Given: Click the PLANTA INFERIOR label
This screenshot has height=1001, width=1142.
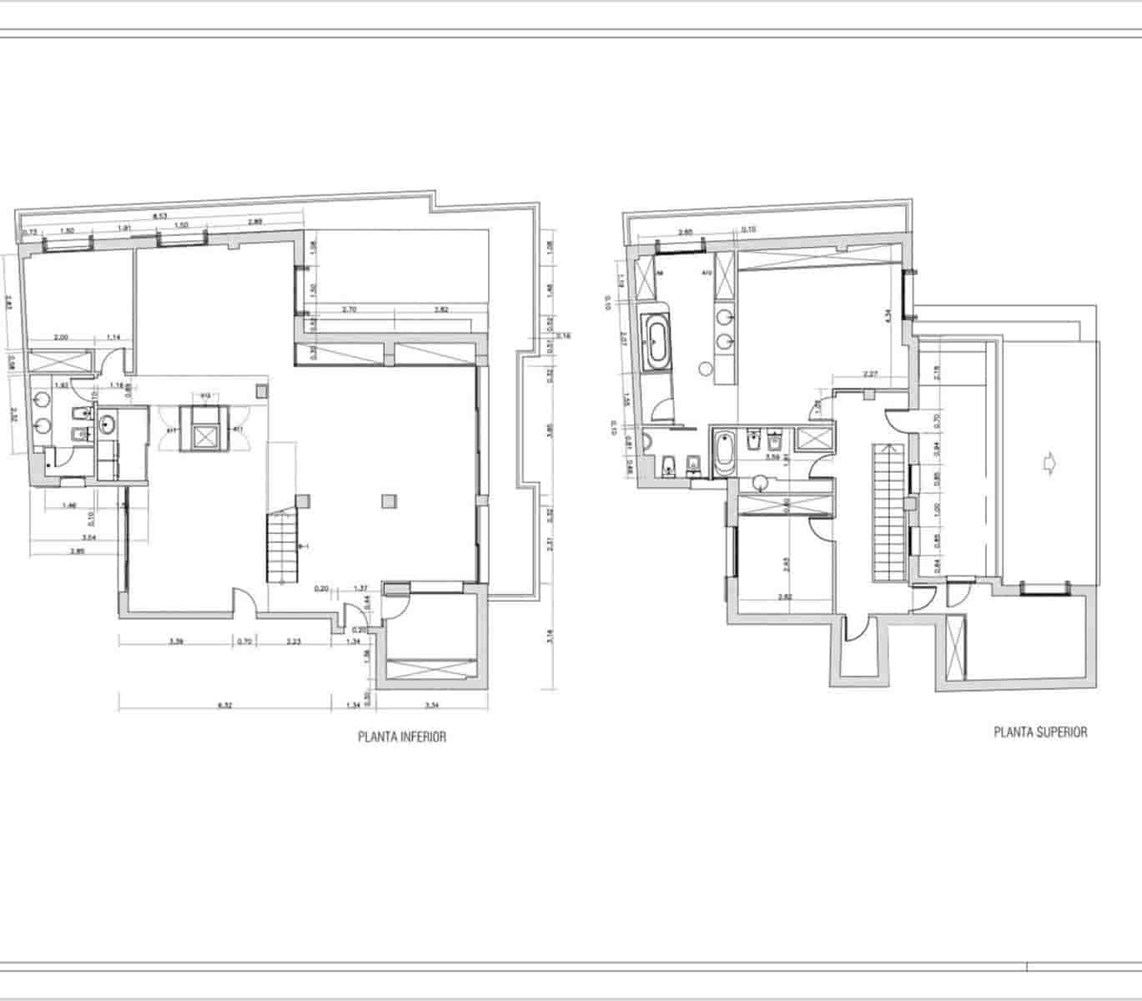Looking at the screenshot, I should [401, 737].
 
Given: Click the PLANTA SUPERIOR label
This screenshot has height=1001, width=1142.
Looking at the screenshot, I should [1040, 732].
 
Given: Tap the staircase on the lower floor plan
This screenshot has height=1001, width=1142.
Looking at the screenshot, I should [281, 547].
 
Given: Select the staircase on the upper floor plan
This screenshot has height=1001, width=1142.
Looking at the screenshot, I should [889, 512].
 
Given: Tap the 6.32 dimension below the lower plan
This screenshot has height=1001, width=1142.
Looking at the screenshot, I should [224, 706].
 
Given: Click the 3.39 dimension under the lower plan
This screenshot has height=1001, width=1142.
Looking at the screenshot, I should [176, 641].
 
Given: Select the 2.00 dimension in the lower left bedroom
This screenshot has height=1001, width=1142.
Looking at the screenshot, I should [61, 337].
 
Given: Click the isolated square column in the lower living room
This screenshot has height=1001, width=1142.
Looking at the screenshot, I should [387, 501].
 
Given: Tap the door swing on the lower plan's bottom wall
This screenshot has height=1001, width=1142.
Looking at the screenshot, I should [244, 601].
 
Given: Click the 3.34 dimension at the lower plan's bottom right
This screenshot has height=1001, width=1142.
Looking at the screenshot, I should [432, 706].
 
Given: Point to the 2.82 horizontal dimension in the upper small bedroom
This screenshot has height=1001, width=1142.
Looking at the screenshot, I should [784, 596].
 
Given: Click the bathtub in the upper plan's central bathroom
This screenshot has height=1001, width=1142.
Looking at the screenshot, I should [722, 453].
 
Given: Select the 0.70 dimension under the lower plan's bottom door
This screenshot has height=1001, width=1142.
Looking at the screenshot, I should [244, 641].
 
